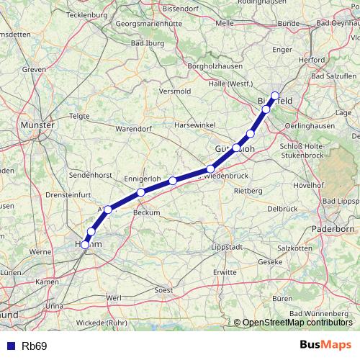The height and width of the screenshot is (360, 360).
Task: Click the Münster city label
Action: pyautogui.click(x=39, y=125)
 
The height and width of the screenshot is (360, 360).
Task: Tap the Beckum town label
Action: pyautogui.click(x=147, y=213)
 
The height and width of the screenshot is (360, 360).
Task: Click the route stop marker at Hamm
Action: pyautogui.click(x=85, y=245)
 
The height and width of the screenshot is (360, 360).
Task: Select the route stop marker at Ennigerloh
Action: pyautogui.click(x=141, y=192)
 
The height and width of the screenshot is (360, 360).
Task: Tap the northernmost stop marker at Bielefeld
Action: pyautogui.click(x=275, y=96)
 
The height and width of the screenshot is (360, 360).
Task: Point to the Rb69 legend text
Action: pyautogui.click(x=34, y=346)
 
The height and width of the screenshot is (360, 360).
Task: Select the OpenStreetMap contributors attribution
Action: pyautogui.click(x=297, y=323)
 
